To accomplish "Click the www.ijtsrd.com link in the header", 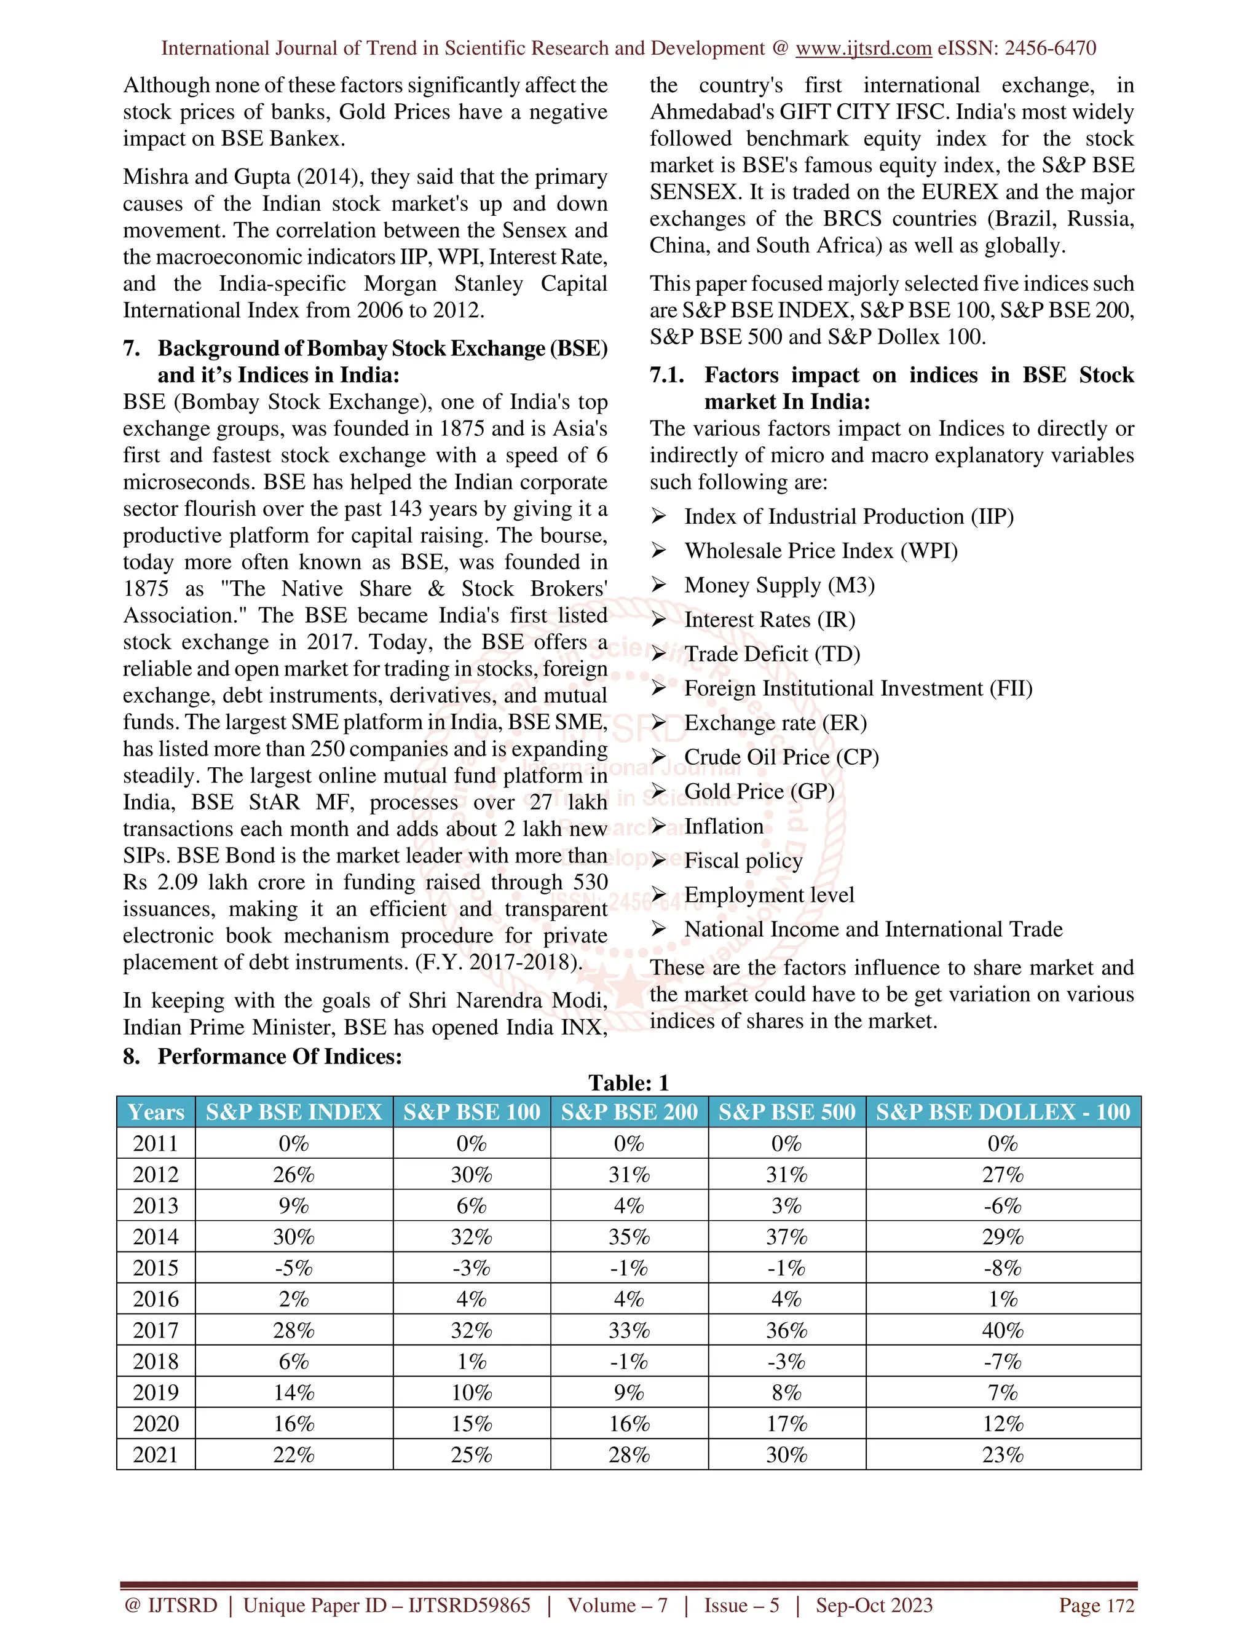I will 863,49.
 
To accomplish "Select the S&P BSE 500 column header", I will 787,1112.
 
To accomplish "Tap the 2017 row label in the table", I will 156,1330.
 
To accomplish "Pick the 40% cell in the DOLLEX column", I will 1003,1330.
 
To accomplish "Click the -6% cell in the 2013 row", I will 1003,1206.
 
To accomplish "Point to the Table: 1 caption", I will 629,1083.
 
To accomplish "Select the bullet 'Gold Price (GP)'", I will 759,791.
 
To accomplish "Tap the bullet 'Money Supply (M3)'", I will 779,585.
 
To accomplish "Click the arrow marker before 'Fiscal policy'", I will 658,860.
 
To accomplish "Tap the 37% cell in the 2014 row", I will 787,1237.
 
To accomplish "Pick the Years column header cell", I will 156,1112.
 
